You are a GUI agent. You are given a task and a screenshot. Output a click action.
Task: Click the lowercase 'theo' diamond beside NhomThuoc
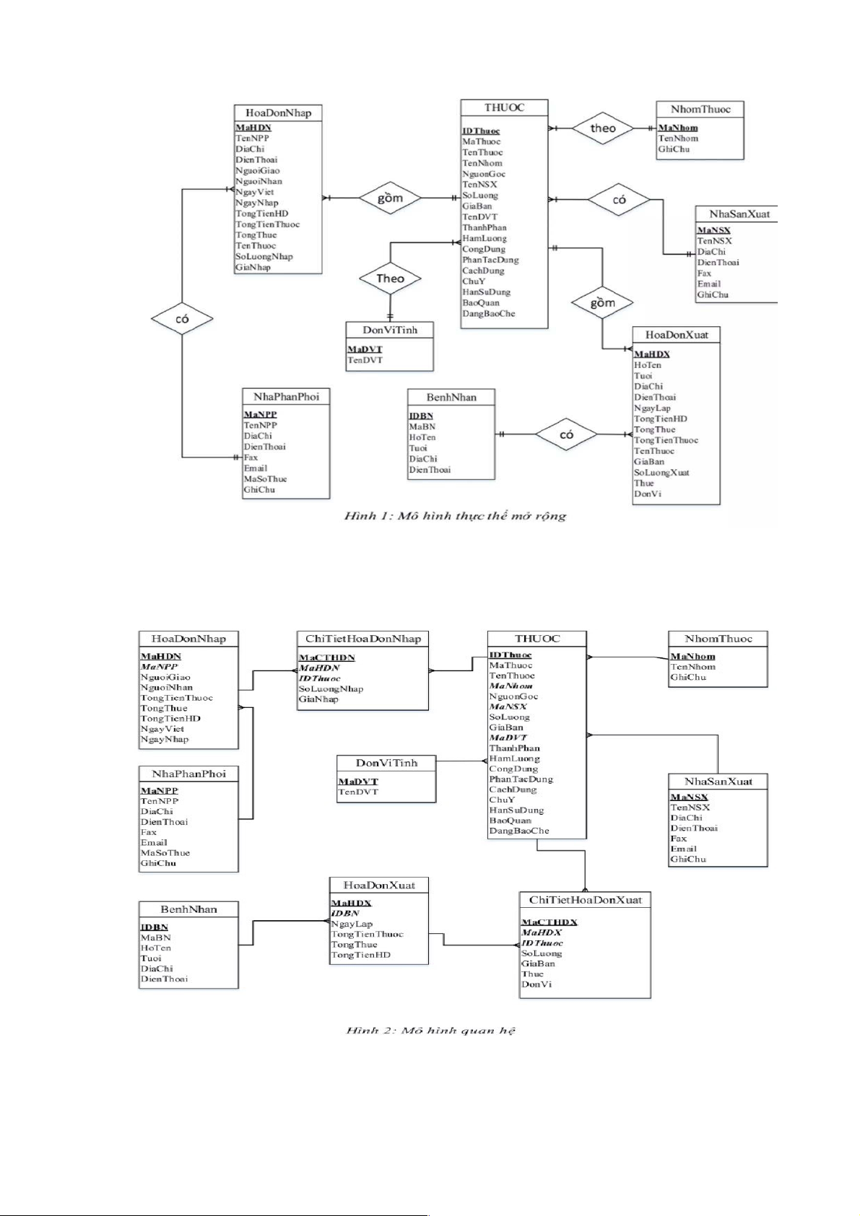pos(603,128)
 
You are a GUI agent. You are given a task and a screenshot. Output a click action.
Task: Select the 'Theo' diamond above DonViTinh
pos(390,279)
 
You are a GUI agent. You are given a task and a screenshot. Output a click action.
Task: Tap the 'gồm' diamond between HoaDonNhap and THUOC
pos(390,198)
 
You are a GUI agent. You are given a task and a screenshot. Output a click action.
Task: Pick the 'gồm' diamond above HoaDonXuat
pos(602,303)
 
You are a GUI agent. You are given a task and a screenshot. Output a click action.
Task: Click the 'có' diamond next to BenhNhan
pos(566,434)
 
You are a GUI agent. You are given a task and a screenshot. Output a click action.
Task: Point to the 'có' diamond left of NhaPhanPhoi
pos(182,318)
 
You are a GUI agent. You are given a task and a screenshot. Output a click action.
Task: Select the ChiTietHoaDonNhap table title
pos(362,639)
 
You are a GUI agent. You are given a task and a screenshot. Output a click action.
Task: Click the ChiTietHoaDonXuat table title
pos(585,900)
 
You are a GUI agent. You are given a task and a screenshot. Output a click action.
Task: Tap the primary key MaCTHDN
pos(327,657)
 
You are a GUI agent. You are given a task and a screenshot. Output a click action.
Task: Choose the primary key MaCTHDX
pos(550,922)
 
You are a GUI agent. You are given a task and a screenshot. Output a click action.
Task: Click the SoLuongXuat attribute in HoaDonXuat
pos(661,473)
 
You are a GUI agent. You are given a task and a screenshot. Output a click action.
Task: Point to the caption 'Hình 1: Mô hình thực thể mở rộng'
pos(455,516)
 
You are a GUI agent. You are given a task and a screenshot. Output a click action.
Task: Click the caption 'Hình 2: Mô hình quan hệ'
pos(430,1031)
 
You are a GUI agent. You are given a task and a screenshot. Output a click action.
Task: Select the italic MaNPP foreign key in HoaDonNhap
pos(159,667)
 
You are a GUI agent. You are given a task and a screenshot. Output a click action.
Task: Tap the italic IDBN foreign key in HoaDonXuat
pos(345,914)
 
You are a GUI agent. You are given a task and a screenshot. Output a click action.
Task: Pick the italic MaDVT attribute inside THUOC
pos(508,738)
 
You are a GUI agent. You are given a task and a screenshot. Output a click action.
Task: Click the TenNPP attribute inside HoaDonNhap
pos(252,138)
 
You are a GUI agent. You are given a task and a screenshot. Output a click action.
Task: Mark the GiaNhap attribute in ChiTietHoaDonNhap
pos(318,699)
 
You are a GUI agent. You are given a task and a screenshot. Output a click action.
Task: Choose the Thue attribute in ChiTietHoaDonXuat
pos(532,974)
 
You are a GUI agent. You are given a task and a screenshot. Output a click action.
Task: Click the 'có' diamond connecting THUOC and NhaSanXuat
pos(619,200)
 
